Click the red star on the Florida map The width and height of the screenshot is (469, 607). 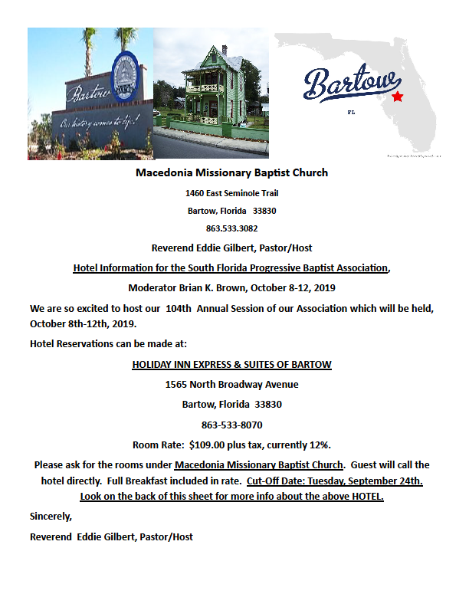tap(397, 97)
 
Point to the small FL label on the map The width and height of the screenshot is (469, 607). tap(352, 112)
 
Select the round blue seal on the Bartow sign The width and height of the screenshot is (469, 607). tap(124, 77)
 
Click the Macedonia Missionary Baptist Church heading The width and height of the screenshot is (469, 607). tap(231, 172)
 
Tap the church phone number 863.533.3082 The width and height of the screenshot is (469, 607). tap(231, 228)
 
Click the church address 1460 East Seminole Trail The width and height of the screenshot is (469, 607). tap(231, 192)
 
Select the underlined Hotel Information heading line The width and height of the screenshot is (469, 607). tap(231, 268)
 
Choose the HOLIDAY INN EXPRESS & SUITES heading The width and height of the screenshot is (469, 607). tap(231, 364)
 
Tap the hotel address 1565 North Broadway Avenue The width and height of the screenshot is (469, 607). tap(231, 385)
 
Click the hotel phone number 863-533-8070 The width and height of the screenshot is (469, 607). tap(231, 424)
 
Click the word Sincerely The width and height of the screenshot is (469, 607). tap(51, 517)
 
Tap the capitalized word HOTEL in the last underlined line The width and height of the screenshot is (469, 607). tap(364, 497)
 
